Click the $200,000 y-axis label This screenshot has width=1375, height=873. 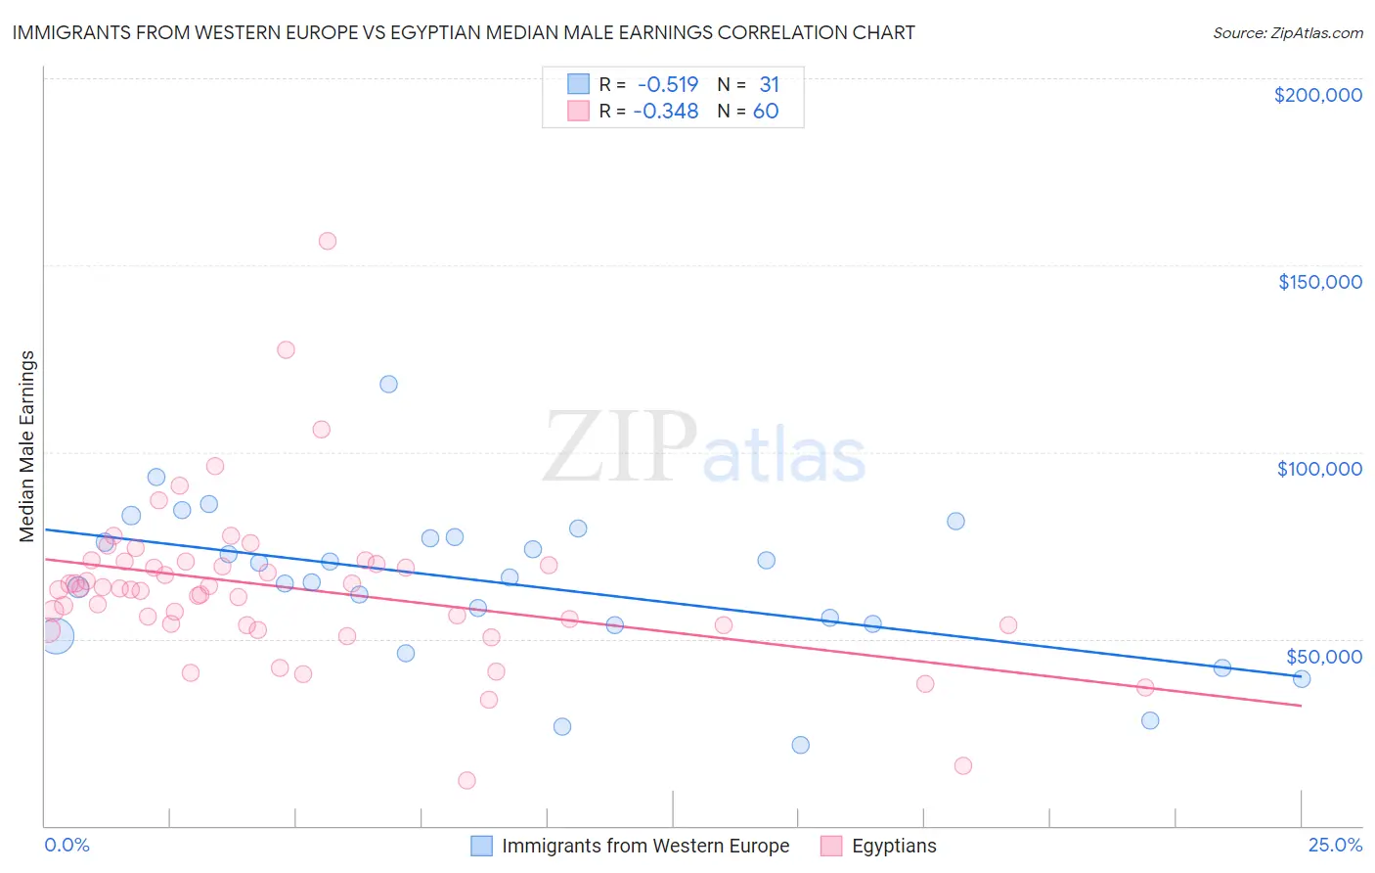1317,95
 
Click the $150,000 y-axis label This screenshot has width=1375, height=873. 1319,282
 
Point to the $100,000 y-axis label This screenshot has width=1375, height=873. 1319,469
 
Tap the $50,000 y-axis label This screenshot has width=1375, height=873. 1323,656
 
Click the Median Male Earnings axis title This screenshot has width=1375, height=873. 27,446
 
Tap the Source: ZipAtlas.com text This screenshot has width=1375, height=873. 1287,32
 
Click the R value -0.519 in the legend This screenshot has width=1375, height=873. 667,85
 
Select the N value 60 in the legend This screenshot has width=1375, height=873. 765,112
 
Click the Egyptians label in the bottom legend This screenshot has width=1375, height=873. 893,847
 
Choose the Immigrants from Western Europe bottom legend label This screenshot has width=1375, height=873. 644,847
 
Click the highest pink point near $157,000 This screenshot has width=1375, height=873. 328,241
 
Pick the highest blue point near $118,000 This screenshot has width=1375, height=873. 388,384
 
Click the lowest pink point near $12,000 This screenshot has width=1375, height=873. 466,780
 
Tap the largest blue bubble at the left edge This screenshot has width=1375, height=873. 56,636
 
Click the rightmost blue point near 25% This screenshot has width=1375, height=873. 1301,678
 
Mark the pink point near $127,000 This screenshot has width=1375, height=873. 286,349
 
